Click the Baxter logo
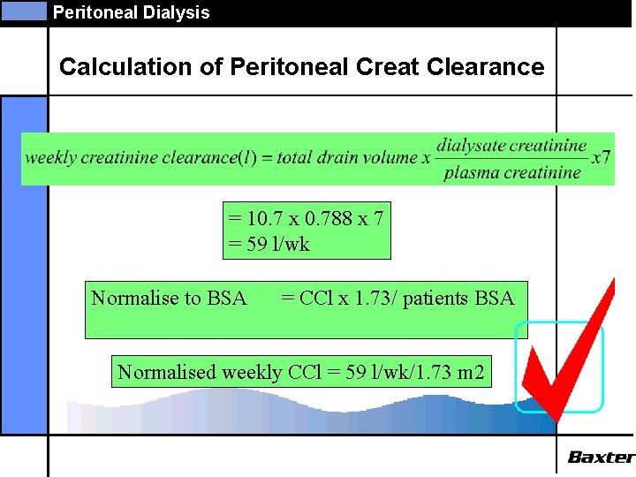point(601,458)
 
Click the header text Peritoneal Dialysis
point(132,12)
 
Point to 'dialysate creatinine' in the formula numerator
point(511,146)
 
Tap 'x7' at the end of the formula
point(601,158)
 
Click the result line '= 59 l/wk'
point(269,244)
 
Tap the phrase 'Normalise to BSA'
point(169,299)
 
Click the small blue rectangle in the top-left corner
point(24,11)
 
